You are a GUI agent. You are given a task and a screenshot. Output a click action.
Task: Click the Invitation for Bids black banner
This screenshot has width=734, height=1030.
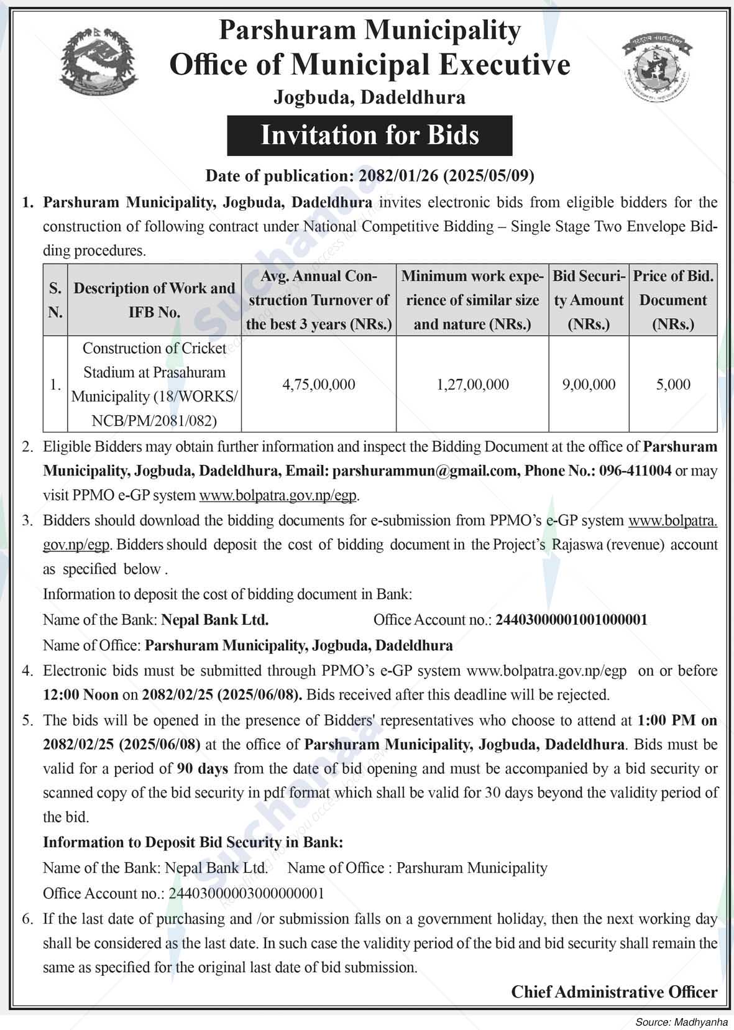369,136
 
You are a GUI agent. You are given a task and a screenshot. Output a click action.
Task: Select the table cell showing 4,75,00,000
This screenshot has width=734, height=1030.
319,385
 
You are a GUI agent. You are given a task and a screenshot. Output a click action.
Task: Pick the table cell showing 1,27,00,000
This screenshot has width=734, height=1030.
472,385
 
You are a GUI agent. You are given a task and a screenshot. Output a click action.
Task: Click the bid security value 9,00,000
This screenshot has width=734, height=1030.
589,385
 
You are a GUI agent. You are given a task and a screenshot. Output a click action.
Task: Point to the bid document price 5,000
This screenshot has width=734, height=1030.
673,385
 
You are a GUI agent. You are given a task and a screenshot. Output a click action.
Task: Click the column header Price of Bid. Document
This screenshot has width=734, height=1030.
673,300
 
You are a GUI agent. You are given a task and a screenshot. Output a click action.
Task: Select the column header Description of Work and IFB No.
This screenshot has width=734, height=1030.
154,300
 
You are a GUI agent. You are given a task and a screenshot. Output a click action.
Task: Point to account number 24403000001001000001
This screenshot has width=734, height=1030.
571,620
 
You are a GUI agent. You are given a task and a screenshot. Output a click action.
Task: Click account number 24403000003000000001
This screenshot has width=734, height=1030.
246,893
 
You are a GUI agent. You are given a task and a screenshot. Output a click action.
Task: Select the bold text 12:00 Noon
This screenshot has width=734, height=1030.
81,694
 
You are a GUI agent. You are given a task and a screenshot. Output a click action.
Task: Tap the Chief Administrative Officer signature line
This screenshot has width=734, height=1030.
614,992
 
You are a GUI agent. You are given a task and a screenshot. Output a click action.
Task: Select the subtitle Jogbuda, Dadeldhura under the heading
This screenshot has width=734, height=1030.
369,98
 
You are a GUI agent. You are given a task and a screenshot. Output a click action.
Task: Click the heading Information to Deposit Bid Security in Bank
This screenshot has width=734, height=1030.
193,842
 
